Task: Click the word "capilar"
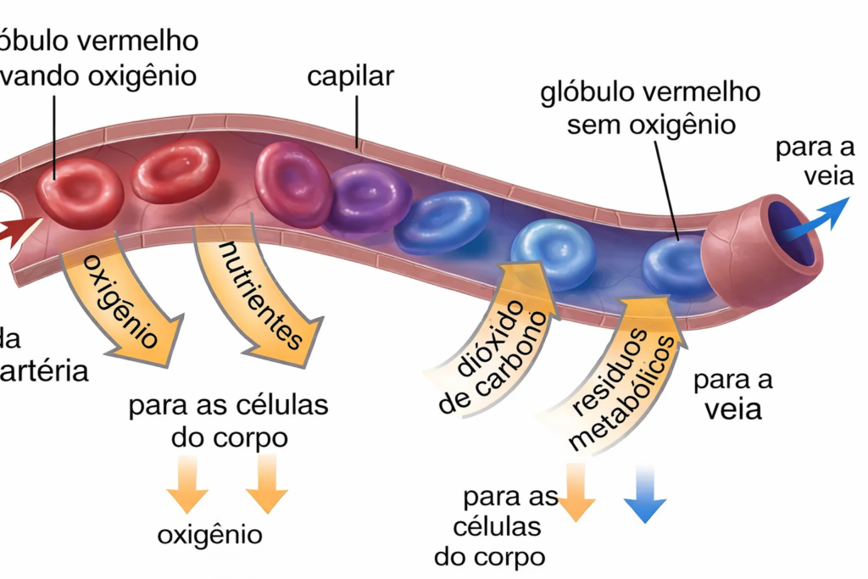pos(350,76)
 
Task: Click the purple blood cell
pos(367,198)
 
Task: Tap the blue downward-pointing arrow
pos(644,496)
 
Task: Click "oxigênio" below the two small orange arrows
pos(209,535)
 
